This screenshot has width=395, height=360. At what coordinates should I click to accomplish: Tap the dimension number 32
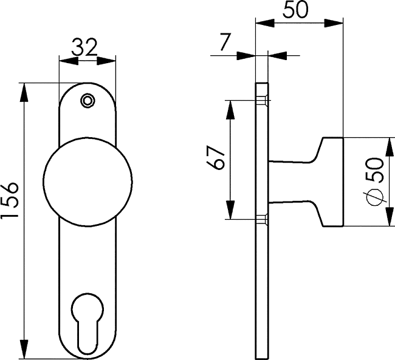tap(84, 47)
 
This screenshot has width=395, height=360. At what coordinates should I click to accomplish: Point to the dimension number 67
tap(215, 157)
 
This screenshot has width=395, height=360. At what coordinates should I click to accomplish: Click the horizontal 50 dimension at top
tap(295, 10)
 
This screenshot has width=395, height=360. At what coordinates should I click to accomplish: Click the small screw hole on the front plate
tap(88, 101)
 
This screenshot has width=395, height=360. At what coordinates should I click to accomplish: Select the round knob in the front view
tap(88, 182)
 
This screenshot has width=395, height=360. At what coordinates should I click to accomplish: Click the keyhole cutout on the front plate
tap(88, 323)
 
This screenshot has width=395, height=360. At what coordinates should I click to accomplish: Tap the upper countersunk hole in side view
tap(263, 101)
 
